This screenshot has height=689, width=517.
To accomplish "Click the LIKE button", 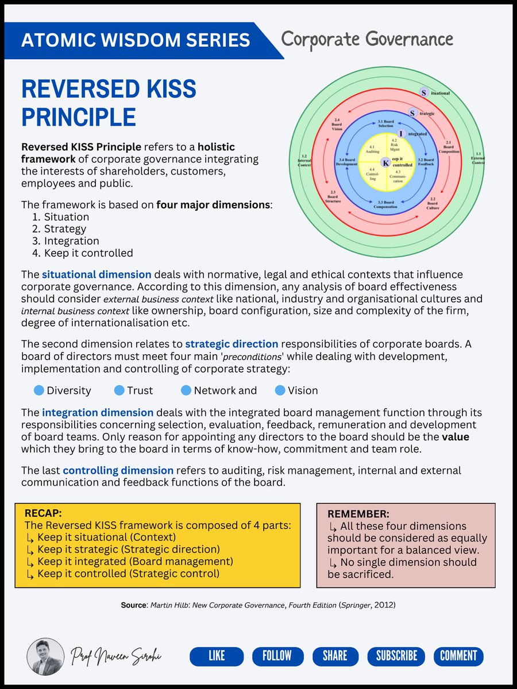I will point(217,656).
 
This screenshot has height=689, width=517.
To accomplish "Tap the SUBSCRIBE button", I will point(396,656).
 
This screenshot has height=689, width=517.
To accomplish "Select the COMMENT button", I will point(458,656).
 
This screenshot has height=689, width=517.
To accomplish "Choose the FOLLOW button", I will point(277,656).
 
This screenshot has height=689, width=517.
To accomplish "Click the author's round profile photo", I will point(45,656).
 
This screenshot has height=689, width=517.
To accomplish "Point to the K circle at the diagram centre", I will point(386,163).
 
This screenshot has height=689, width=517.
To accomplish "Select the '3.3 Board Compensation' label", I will point(385,204).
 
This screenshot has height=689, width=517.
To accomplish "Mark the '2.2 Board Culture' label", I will point(433,202).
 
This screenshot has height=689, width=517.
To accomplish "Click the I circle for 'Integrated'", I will point(402,133).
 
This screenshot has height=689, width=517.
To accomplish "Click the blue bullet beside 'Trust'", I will point(119,390).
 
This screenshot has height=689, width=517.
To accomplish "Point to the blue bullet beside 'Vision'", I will point(280,390).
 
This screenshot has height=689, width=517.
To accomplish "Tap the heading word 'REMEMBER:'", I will point(358,514).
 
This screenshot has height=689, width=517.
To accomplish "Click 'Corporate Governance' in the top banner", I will point(367,40).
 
